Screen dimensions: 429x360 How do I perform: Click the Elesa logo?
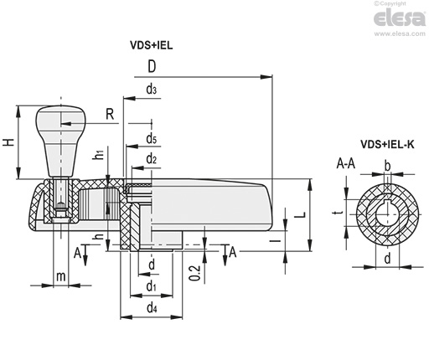(x=400, y=18)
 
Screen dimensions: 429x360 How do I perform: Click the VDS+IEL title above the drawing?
(x=151, y=45)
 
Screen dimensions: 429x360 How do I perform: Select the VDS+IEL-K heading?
(x=387, y=144)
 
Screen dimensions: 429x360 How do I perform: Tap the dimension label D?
(x=152, y=66)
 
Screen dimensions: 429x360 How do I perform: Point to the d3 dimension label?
(x=151, y=90)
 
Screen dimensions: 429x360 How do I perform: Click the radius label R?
(x=110, y=114)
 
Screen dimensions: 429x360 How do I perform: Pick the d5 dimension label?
(x=151, y=138)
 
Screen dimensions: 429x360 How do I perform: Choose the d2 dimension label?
(x=151, y=159)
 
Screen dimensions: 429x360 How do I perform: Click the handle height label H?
(x=8, y=142)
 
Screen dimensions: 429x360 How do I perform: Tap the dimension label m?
(x=61, y=276)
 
